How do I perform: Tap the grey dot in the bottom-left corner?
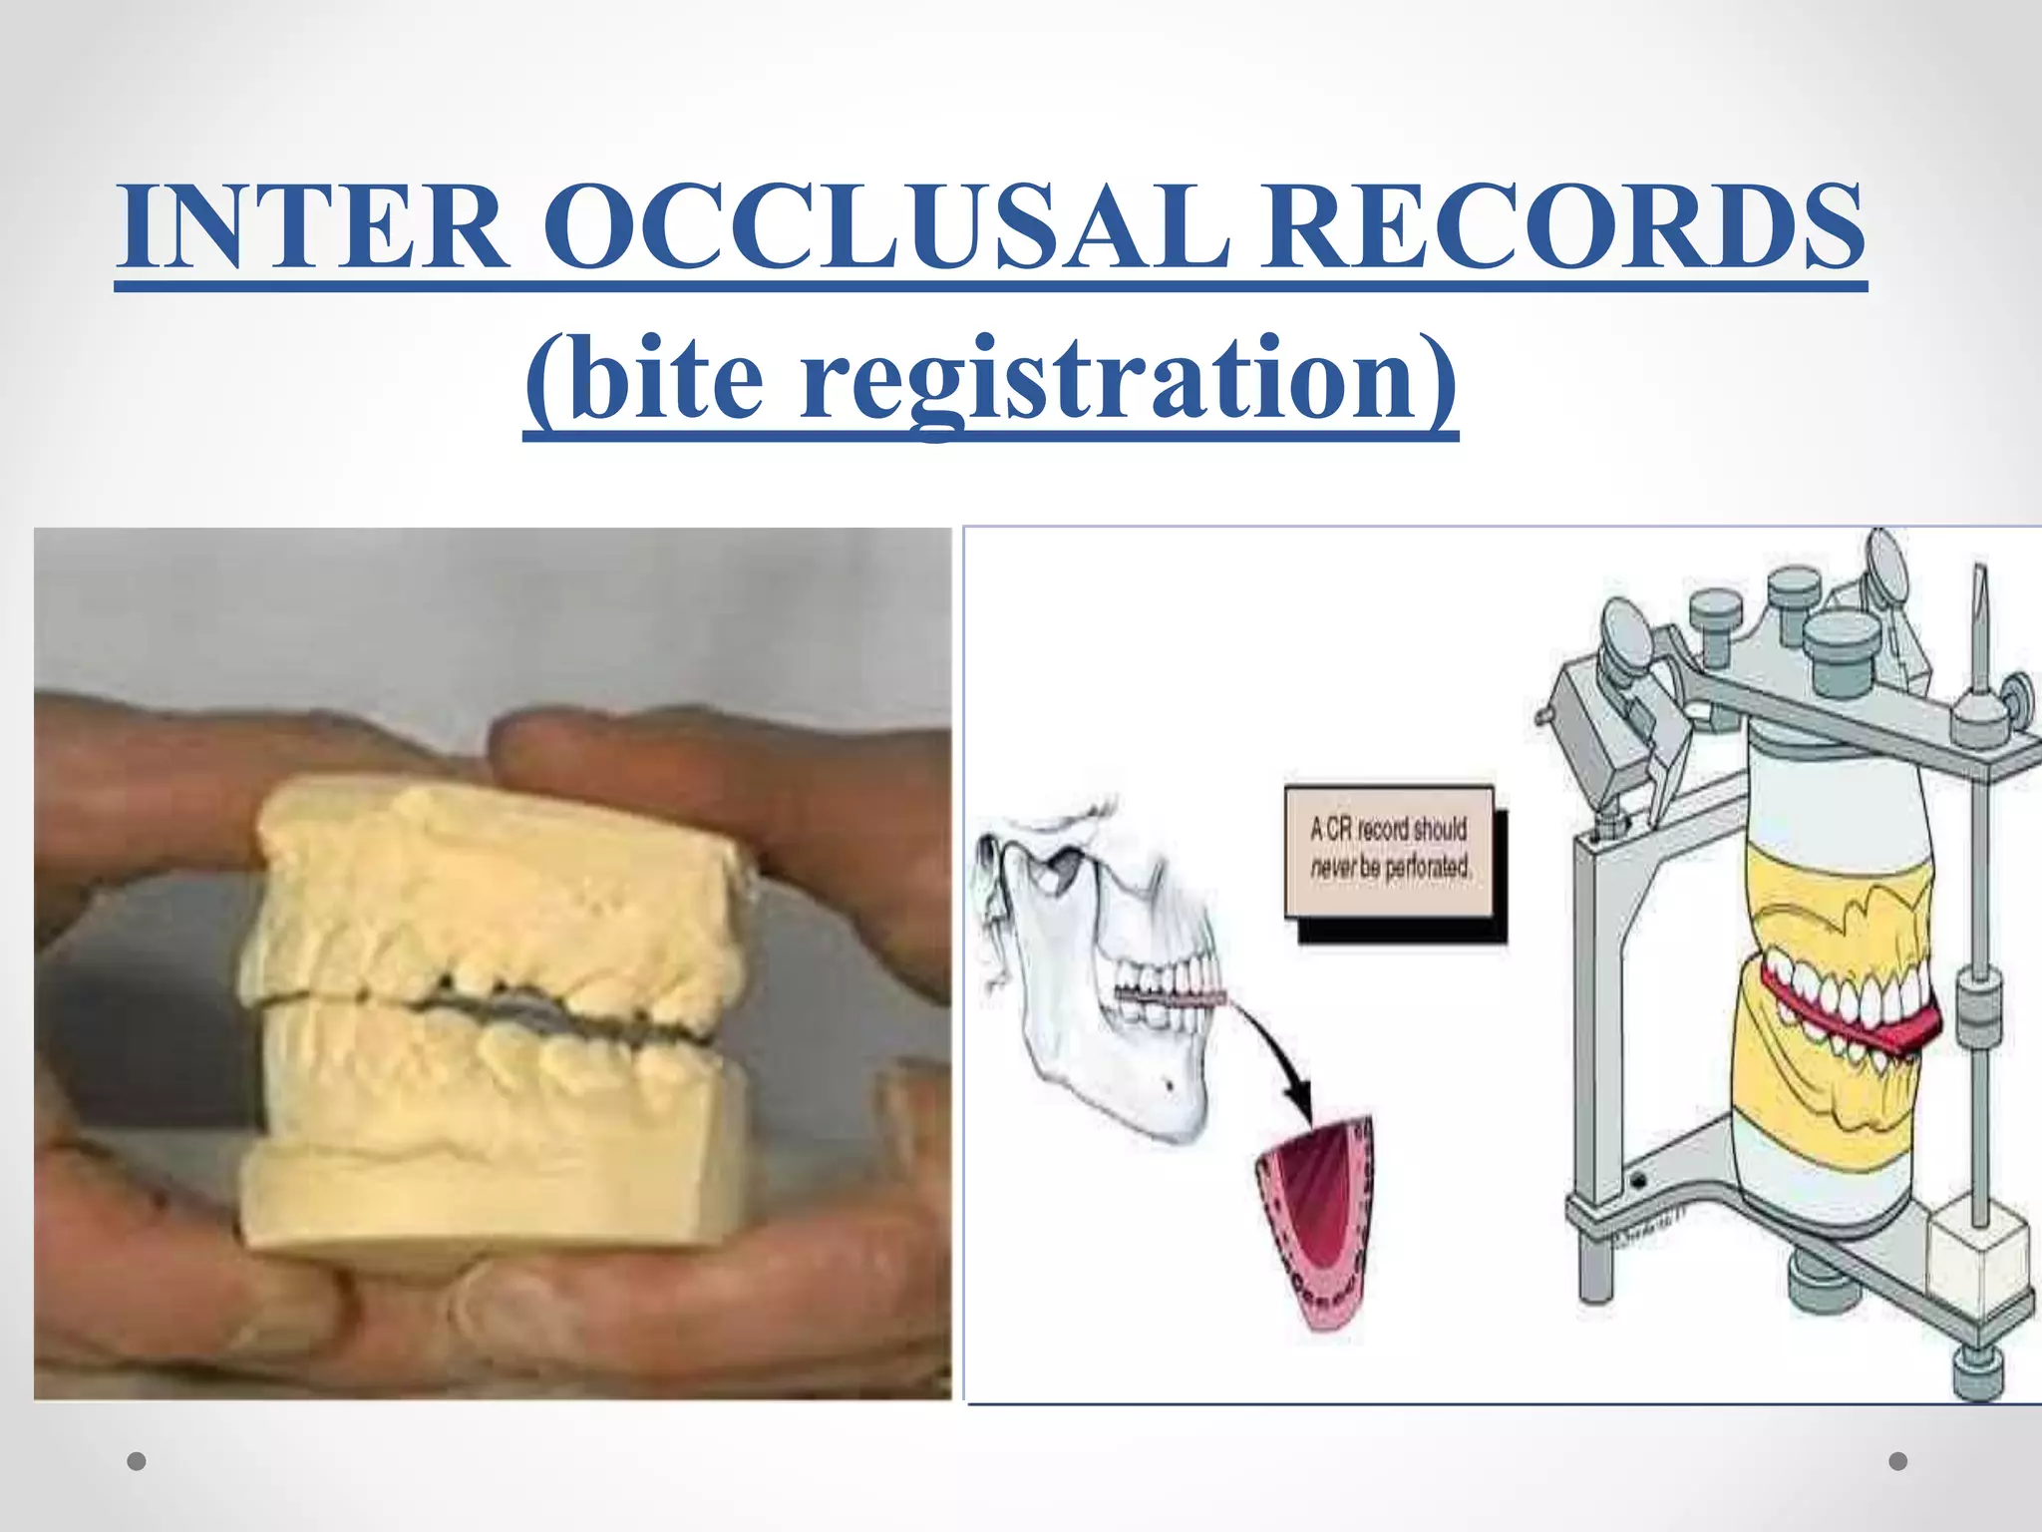pyautogui.click(x=138, y=1462)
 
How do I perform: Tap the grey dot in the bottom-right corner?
pyautogui.click(x=1898, y=1461)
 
